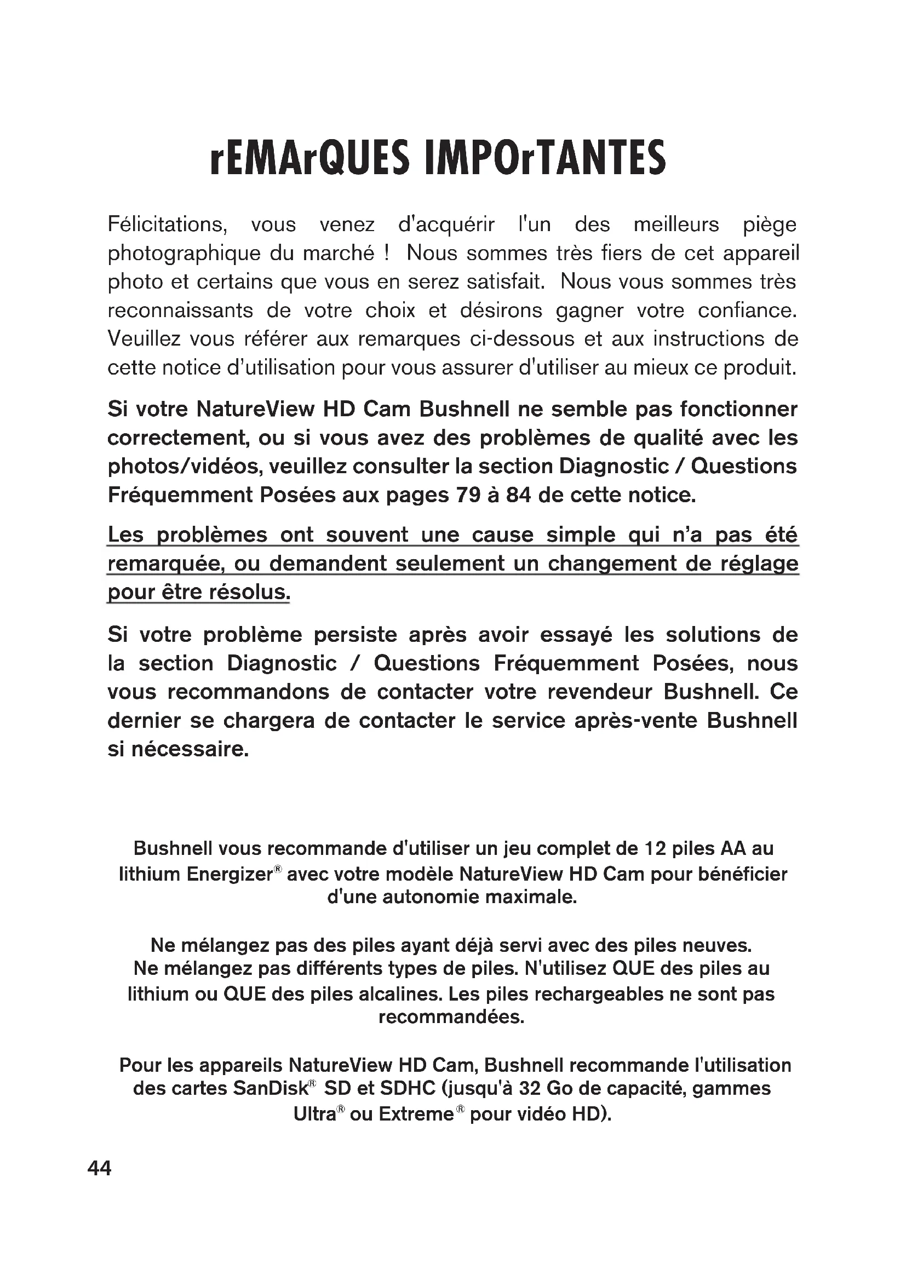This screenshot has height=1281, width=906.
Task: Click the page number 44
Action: (x=99, y=1168)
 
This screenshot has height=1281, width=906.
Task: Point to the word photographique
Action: (x=182, y=254)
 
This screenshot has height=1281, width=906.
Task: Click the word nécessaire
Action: (x=190, y=749)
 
